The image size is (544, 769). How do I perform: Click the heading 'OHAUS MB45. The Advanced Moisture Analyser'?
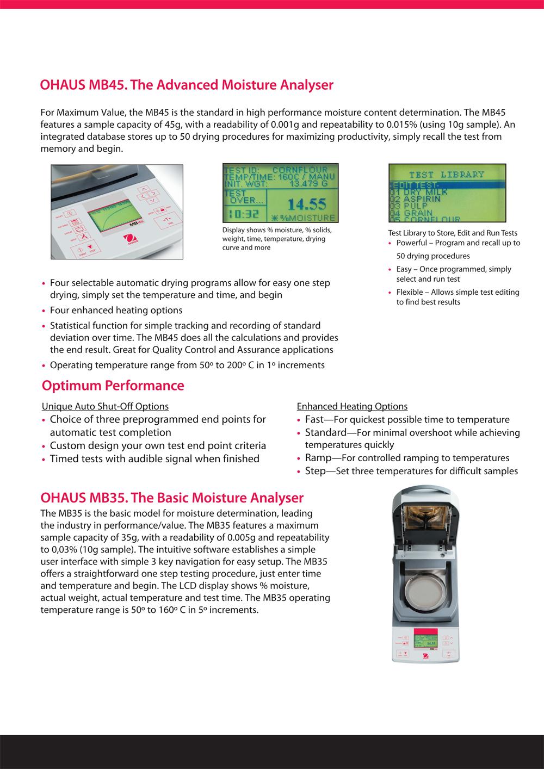187,85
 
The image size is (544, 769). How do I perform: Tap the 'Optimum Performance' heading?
113,386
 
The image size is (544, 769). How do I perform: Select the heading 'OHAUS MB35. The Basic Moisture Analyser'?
172,498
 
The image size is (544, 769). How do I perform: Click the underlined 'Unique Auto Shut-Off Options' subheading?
105,406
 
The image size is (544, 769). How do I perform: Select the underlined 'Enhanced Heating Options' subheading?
352,406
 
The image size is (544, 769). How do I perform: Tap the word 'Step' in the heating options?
315,471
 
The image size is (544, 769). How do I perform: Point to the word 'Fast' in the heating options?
314,419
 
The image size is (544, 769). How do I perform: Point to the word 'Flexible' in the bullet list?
410,292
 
